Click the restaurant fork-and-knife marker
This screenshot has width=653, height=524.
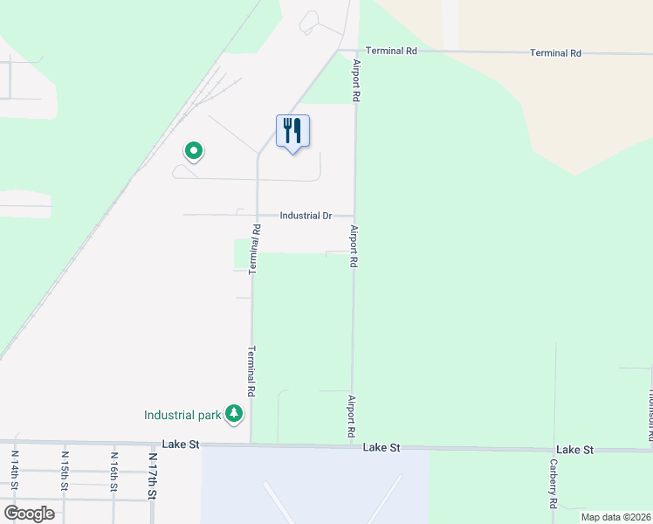tap(292, 132)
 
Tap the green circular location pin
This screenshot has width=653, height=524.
tap(194, 152)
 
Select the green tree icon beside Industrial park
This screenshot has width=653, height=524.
tap(234, 414)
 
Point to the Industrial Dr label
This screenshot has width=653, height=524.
tap(306, 216)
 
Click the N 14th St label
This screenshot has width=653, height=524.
tap(15, 470)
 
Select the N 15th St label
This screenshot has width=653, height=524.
tap(65, 470)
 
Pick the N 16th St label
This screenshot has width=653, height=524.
tap(113, 470)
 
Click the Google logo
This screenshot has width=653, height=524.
tap(29, 513)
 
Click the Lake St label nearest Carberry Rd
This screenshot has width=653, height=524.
tap(574, 450)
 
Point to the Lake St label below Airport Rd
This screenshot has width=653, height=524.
tap(381, 447)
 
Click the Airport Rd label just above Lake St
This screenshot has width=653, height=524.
tap(351, 417)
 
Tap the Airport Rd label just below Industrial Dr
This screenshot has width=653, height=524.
tap(354, 246)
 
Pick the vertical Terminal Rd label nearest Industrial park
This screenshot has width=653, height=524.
tap(251, 372)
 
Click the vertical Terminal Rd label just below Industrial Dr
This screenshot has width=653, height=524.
tap(256, 251)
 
